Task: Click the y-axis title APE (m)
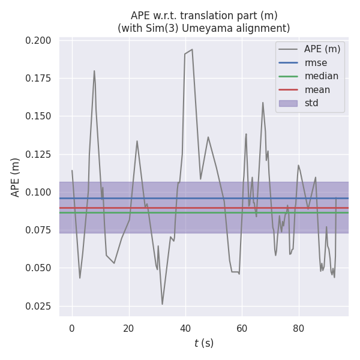pyautogui.click(x=16, y=177)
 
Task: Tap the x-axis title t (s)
pyautogui.click(x=203, y=343)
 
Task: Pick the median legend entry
pyautogui.click(x=321, y=76)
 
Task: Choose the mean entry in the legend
pyautogui.click(x=317, y=89)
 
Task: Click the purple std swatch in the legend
pyautogui.click(x=288, y=103)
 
